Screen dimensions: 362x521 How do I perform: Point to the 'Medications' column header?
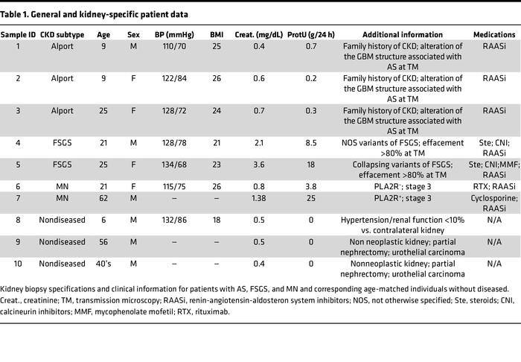click(494, 35)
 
